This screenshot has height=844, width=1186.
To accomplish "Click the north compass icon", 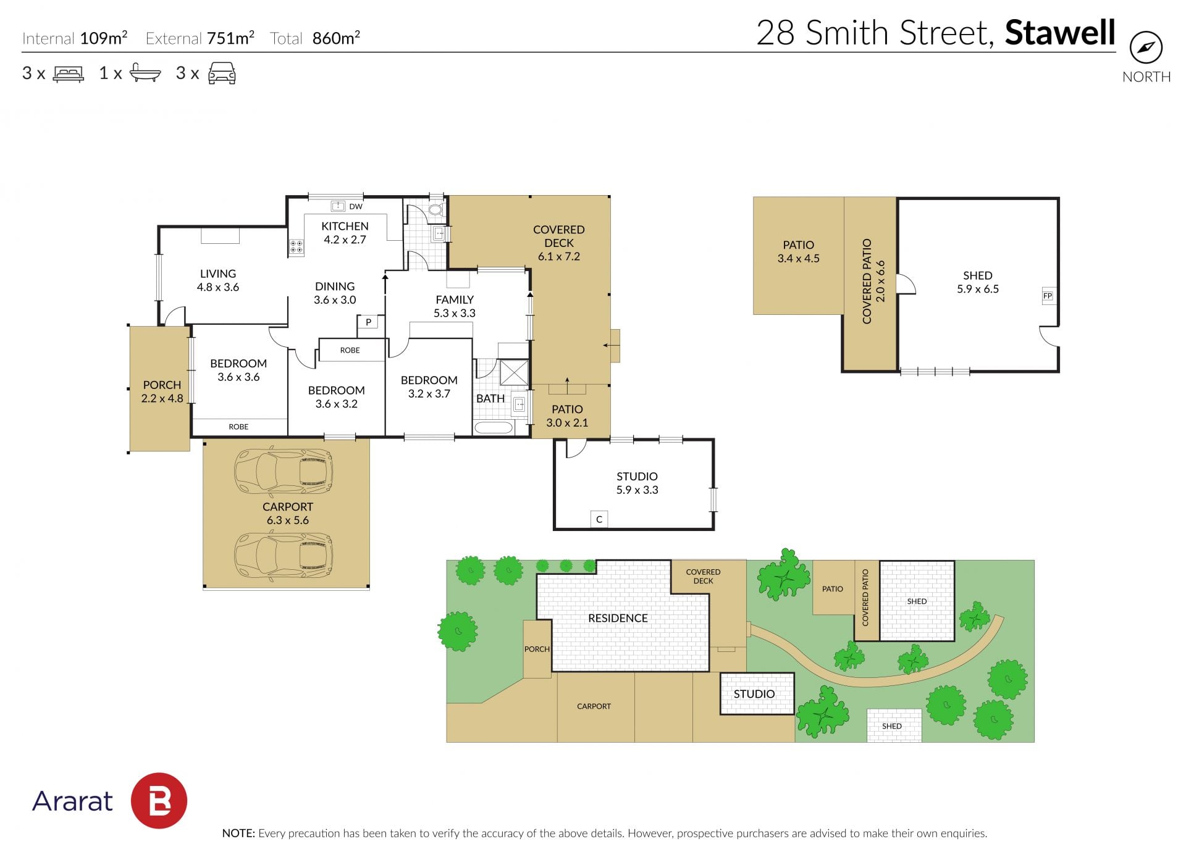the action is pyautogui.click(x=1146, y=48).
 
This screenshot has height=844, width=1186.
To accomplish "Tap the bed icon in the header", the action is pyautogui.click(x=69, y=74).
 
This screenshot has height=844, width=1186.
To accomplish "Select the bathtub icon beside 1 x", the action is pyautogui.click(x=145, y=73).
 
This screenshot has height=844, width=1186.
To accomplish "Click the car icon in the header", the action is pyautogui.click(x=222, y=73).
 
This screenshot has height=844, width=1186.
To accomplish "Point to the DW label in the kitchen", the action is pyautogui.click(x=356, y=206).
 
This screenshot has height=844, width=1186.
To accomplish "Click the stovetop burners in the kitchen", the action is pyautogui.click(x=296, y=247).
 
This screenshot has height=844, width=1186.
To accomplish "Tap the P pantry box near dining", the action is pyautogui.click(x=368, y=322).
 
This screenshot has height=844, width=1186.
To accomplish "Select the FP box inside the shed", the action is pyautogui.click(x=1048, y=296).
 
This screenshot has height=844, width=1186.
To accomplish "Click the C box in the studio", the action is pyautogui.click(x=599, y=519).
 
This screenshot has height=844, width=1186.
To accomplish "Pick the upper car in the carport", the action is pyautogui.click(x=284, y=472).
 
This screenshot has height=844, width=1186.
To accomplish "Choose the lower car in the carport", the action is pyautogui.click(x=284, y=554).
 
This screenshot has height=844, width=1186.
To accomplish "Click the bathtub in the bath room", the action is pyautogui.click(x=494, y=427).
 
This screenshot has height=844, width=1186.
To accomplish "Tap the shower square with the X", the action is pyautogui.click(x=514, y=373).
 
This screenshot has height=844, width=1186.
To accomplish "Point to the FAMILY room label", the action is pyautogui.click(x=455, y=300).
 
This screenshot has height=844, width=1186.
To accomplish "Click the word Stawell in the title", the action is pyautogui.click(x=1060, y=33).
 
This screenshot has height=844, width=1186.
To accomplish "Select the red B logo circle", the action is pyautogui.click(x=159, y=801).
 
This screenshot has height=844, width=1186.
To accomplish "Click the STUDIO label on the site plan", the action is pyautogui.click(x=754, y=694).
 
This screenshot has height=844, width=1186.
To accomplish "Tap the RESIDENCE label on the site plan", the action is pyautogui.click(x=618, y=618).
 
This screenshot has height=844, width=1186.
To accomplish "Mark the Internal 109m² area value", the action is pyautogui.click(x=104, y=38).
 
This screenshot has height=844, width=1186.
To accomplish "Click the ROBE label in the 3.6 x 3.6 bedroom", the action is pyautogui.click(x=238, y=427).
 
